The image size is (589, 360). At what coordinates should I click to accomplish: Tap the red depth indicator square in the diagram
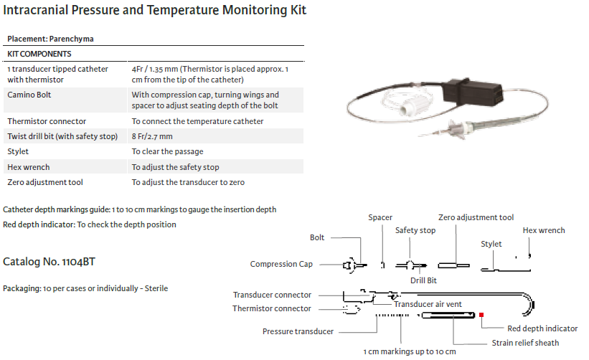click(x=481, y=314)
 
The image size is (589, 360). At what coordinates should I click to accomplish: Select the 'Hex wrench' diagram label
click(x=543, y=230)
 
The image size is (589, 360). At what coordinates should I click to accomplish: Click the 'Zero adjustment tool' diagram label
click(x=476, y=217)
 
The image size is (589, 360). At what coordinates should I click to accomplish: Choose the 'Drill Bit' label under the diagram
click(x=423, y=280)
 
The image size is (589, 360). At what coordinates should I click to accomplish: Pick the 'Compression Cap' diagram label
click(x=281, y=264)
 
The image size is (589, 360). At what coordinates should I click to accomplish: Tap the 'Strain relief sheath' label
click(x=525, y=343)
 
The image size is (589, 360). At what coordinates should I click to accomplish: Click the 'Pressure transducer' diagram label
click(x=298, y=331)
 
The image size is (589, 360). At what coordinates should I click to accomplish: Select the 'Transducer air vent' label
click(x=428, y=304)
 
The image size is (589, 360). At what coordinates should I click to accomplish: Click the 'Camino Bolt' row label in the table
click(x=29, y=95)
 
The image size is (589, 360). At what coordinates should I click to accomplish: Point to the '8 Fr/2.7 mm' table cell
click(x=152, y=136)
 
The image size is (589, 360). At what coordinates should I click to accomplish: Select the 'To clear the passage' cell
click(x=167, y=152)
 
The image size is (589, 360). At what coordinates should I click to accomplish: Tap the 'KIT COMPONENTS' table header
click(x=39, y=54)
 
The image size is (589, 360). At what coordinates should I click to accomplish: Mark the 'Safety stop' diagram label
click(x=415, y=230)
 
